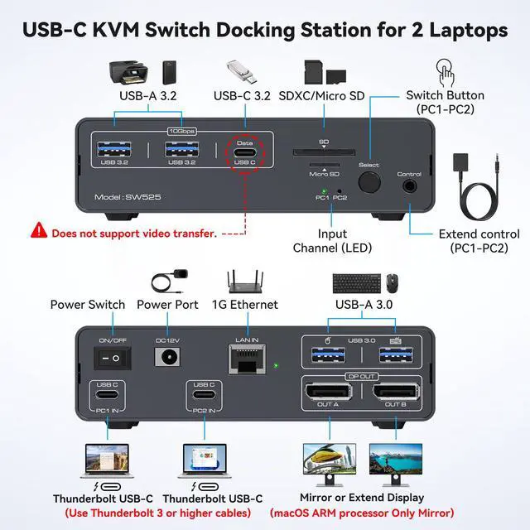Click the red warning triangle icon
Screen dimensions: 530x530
click(x=39, y=232)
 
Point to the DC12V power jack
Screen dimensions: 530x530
click(x=167, y=358)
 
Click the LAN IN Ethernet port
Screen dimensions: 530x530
click(x=245, y=357)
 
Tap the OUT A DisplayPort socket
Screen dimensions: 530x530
click(x=328, y=392)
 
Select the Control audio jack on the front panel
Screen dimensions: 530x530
click(x=408, y=186)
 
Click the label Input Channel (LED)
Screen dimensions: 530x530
click(x=332, y=240)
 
